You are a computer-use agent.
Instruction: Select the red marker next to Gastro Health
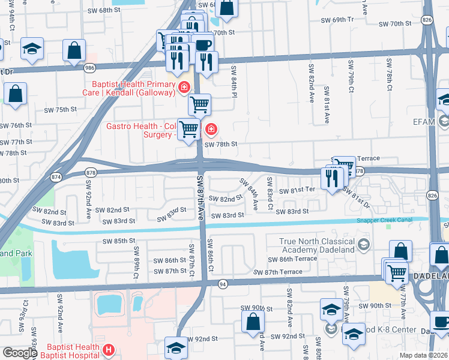pyautogui.click(x=211, y=129)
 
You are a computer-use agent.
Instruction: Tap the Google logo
pyautogui.click(x=20, y=353)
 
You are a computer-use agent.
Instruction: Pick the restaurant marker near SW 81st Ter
pyautogui.click(x=331, y=178)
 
